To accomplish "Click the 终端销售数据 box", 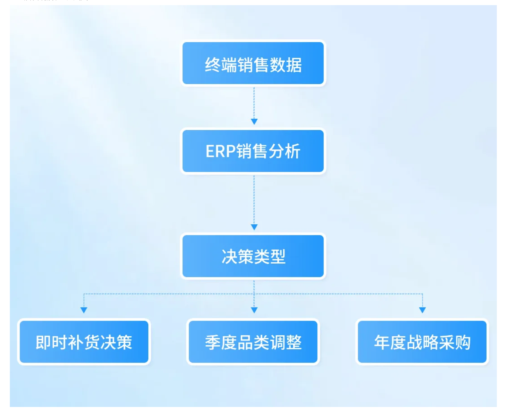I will click(253, 63).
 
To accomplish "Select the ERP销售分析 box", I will click(253, 151).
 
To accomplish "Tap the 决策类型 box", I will click(253, 256).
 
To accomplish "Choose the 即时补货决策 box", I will click(84, 342).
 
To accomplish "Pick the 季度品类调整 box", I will click(253, 342).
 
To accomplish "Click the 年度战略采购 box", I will click(422, 342).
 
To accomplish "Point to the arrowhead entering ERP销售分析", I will click(254, 121).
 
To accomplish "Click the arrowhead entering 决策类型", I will click(254, 227).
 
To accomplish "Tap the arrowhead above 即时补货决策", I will click(84, 310).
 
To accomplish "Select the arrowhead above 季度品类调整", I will click(254, 310).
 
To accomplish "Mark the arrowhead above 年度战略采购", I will click(422, 310).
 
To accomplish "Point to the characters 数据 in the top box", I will click(286, 65).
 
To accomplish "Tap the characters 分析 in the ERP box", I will click(284, 151).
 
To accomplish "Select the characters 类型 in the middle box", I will click(269, 256).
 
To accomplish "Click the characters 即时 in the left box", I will click(51, 343).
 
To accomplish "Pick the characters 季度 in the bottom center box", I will click(221, 343).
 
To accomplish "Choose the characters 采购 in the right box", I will click(454, 343).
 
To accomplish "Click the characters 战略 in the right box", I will click(422, 343).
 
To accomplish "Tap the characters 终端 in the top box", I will click(221, 65).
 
